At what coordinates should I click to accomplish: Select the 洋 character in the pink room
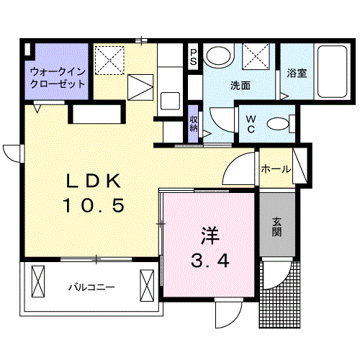pos(210,235)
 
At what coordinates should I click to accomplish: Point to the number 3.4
pos(210,261)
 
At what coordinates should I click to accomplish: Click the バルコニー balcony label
pos(91,287)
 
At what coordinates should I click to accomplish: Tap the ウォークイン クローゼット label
pos(57,78)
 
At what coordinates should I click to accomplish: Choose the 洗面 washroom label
pos(240,85)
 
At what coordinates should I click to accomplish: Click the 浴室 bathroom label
pos(297,73)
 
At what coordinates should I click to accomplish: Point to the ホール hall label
pos(276,170)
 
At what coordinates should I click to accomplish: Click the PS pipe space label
pos(193,57)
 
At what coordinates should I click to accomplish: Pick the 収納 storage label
pos(194,122)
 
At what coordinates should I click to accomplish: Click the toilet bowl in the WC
pos(276,124)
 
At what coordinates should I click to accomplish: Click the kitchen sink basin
pos(171,99)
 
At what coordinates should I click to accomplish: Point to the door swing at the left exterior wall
pos(13,153)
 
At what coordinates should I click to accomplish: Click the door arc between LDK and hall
pos(235,171)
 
